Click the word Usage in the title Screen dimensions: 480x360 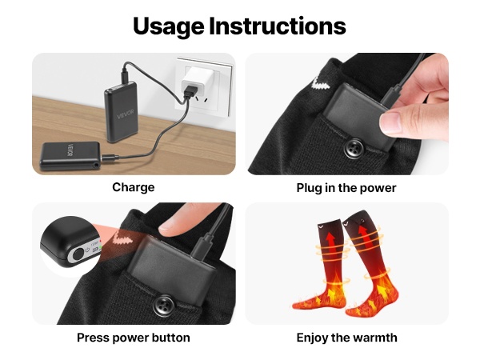[x=169, y=27]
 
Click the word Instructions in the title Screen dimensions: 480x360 [x=278, y=26]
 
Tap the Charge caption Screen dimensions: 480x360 [x=134, y=187]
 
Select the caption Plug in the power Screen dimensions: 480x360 [x=346, y=188]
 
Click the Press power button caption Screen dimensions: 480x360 [x=134, y=338]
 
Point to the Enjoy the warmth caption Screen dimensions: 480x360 [x=347, y=338]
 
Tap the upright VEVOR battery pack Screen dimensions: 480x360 [x=122, y=112]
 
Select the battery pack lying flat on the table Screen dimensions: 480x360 [x=70, y=156]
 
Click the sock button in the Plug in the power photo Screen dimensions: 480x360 [x=354, y=149]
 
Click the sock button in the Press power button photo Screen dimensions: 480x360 [x=164, y=305]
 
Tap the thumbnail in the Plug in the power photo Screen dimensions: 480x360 [x=391, y=122]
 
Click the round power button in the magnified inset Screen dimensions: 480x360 [x=78, y=254]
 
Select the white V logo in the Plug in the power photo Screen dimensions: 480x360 [x=322, y=83]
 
